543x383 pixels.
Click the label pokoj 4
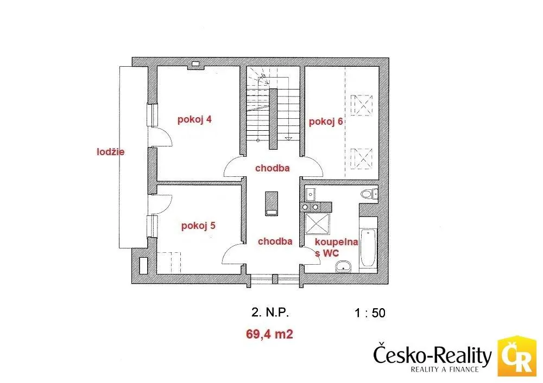click(194, 120)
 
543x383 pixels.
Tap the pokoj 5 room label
click(198, 226)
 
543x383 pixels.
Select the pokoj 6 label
click(325, 122)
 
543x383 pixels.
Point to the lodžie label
click(110, 151)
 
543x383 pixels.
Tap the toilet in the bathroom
click(369, 194)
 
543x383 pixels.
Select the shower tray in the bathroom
click(317, 224)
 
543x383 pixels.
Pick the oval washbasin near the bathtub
click(343, 266)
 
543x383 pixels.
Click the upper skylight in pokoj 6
click(361, 105)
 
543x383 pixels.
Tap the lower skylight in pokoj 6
click(361, 158)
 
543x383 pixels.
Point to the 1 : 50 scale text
click(370, 313)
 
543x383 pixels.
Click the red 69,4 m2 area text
click(269, 334)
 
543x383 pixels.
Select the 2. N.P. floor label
click(270, 313)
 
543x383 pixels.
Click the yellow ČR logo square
click(517, 356)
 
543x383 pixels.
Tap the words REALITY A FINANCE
click(445, 369)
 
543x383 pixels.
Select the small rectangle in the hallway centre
click(271, 203)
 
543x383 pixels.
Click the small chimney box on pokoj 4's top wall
click(195, 63)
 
